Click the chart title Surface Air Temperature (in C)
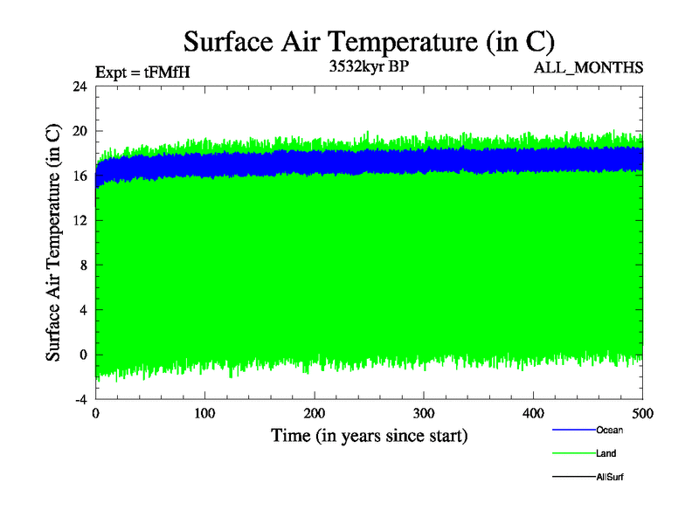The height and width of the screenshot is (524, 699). (368, 41)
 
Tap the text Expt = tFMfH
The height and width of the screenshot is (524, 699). (142, 72)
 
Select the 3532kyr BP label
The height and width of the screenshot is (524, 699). (369, 66)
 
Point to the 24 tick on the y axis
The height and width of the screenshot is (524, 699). (80, 86)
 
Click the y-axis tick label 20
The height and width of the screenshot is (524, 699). (80, 131)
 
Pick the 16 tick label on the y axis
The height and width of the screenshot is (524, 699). (80, 176)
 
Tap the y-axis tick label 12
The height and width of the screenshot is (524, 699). (80, 220)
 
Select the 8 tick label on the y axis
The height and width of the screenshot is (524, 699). (83, 265)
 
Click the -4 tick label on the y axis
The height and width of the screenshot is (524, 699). (80, 399)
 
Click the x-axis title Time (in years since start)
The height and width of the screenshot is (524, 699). (369, 435)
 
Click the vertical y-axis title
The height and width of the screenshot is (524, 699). (54, 243)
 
